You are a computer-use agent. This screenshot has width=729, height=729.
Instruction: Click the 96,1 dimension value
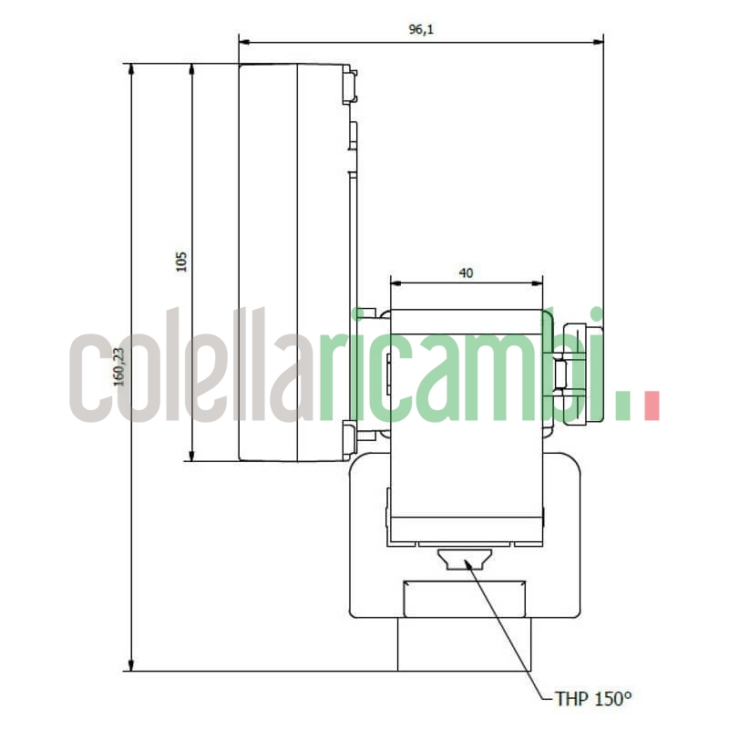pos(420,29)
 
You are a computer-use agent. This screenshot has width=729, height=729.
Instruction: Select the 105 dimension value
pos(180,262)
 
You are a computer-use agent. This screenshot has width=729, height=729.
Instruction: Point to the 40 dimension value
pos(466,272)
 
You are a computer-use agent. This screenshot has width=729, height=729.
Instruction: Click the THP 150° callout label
pos(593,699)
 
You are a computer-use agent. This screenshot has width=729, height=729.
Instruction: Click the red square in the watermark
pos(651,406)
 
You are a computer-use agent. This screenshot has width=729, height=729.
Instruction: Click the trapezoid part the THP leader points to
pos(465,559)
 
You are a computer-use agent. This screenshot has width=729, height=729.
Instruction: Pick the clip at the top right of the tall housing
pos(349,85)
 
